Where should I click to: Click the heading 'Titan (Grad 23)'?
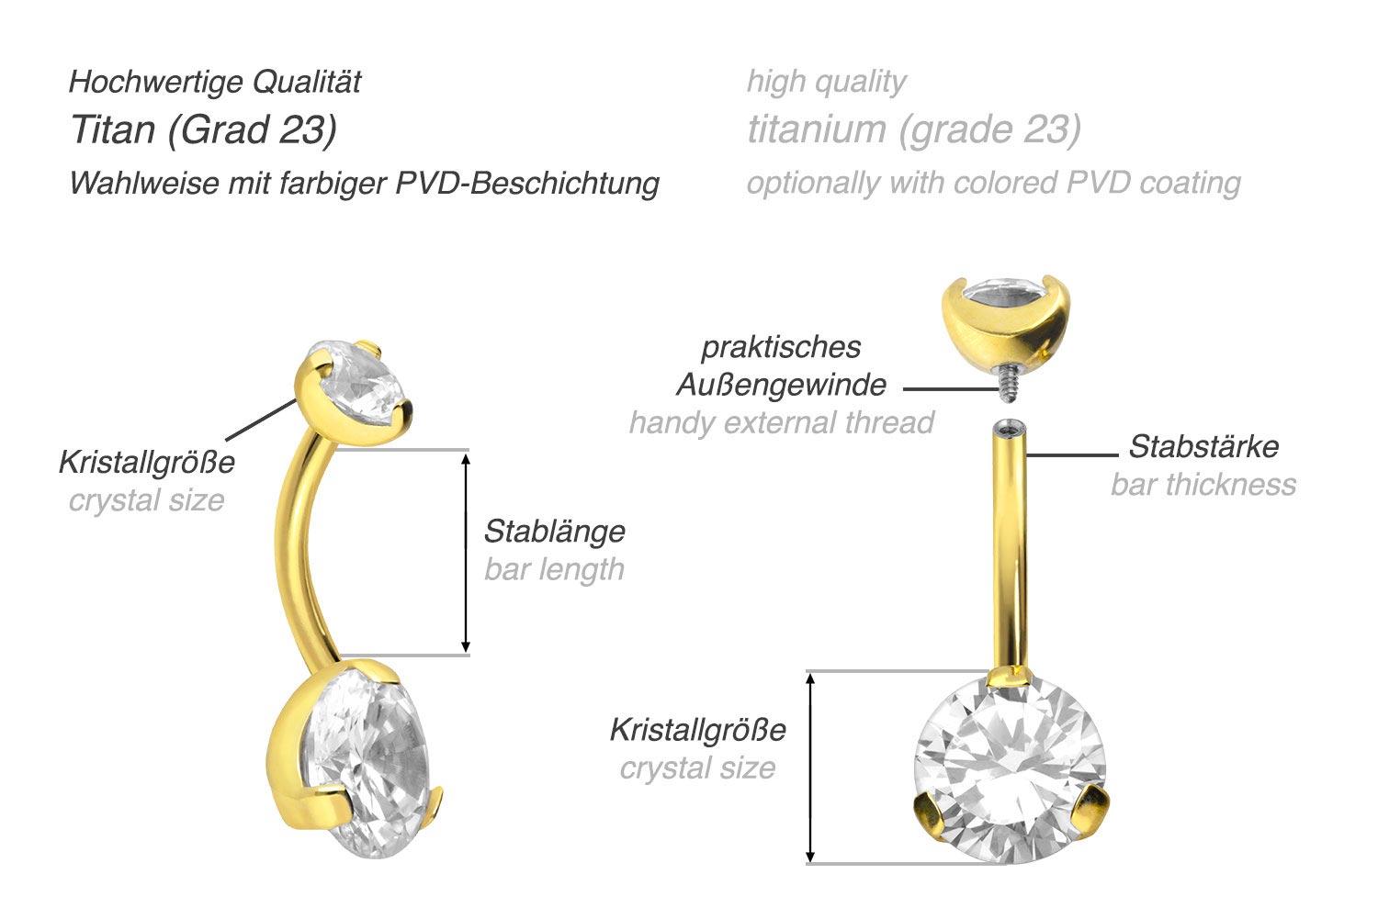pyautogui.click(x=204, y=130)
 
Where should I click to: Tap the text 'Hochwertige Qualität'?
pyautogui.click(x=215, y=82)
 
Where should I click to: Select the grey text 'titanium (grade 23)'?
pyautogui.click(x=914, y=130)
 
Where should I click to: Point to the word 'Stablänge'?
pyautogui.click(x=554, y=532)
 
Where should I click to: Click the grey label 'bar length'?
pyautogui.click(x=554, y=569)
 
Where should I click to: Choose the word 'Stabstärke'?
pyautogui.click(x=1203, y=446)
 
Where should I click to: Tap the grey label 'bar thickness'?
pyautogui.click(x=1203, y=485)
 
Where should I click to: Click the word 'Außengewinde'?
pyautogui.click(x=781, y=386)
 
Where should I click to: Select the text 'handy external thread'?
pyautogui.click(x=781, y=423)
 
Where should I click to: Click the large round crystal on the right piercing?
pyautogui.click(x=1010, y=771)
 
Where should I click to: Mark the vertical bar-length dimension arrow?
pyautogui.click(x=466, y=553)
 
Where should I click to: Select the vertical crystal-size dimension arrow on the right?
pyautogui.click(x=810, y=768)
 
